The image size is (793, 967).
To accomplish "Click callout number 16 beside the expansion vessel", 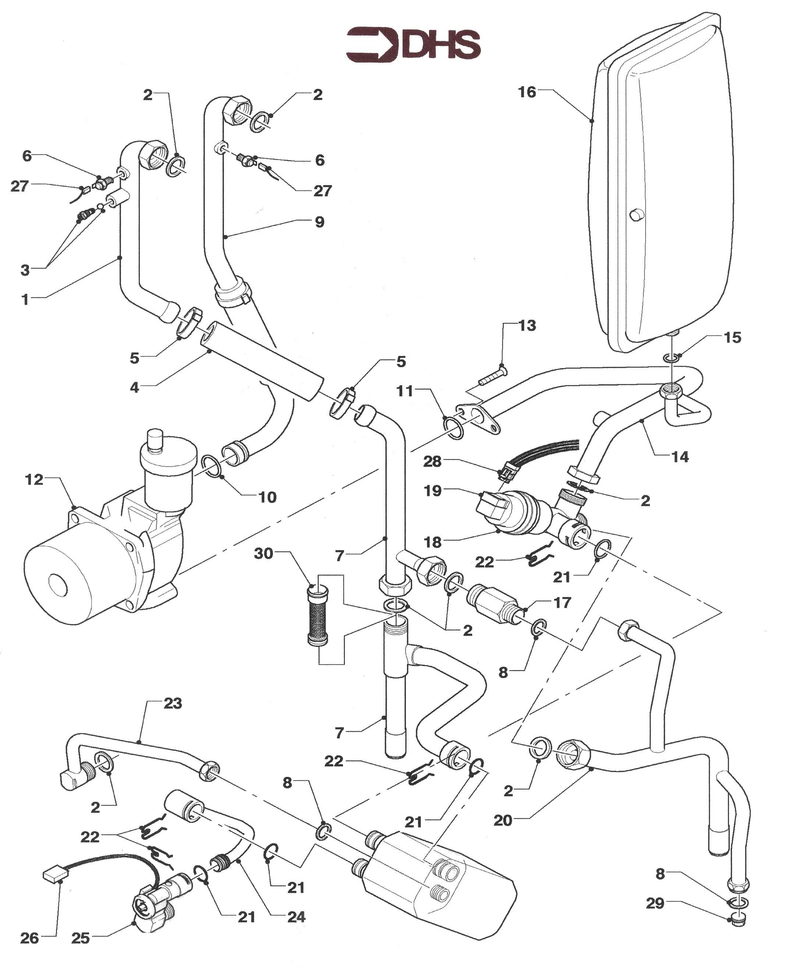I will [x=527, y=93].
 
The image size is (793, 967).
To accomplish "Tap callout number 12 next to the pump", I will [x=34, y=479].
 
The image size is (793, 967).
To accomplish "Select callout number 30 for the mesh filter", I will [x=263, y=554].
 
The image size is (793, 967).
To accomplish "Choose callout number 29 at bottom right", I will [x=655, y=903].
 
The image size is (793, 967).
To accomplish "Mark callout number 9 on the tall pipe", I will [x=319, y=222].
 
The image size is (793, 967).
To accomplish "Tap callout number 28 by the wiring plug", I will [x=432, y=461].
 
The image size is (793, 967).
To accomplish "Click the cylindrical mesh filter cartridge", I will [x=318, y=616].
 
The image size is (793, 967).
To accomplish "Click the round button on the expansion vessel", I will [x=636, y=214].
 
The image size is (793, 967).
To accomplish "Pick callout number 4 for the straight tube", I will [x=134, y=388].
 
